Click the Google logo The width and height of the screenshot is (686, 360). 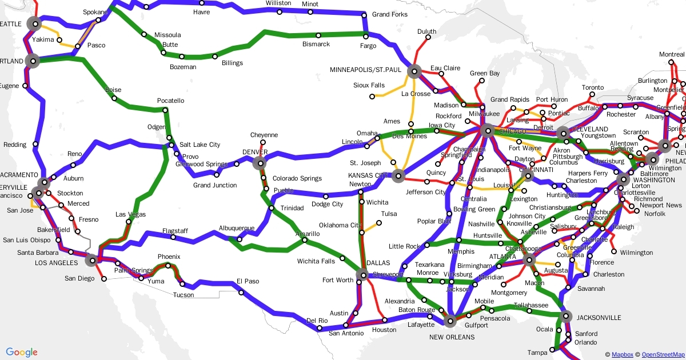tap(22, 352)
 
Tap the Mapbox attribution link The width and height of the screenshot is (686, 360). tap(622, 354)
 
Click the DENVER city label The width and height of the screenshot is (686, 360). tap(255, 152)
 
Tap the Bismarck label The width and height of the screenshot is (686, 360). tap(316, 44)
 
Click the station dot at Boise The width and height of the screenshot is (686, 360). tap(114, 98)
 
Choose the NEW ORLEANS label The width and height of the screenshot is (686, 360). tap(452, 337)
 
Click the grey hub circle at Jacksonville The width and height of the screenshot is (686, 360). tap(566, 316)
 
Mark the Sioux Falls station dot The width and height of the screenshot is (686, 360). tap(371, 96)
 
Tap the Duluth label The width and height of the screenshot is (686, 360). tap(426, 31)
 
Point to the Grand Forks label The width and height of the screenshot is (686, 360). tap(390, 14)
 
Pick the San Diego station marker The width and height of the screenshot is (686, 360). tap(103, 279)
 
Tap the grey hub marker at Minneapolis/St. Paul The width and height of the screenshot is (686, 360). tap(414, 71)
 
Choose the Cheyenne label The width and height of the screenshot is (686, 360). tap(264, 135)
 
